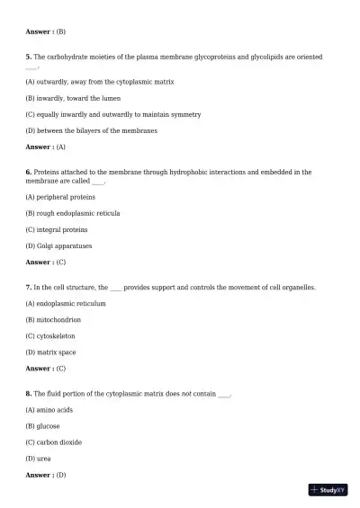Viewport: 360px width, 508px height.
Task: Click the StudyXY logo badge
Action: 328,490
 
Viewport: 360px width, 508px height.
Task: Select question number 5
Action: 29,56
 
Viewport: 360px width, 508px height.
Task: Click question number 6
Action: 29,171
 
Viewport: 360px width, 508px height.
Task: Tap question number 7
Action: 29,287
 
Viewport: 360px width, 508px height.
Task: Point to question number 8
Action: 29,394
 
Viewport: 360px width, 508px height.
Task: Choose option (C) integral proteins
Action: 57,229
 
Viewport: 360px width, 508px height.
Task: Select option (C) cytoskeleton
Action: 57,336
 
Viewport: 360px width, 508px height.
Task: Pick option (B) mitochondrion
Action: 54,319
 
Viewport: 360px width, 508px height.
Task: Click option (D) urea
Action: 44,459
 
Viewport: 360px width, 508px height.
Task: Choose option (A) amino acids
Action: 49,410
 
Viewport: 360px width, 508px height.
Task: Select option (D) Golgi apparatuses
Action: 59,245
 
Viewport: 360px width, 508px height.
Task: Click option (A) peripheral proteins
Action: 61,196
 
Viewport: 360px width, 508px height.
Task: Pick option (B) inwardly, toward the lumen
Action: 73,97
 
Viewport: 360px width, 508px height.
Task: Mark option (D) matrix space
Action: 50,352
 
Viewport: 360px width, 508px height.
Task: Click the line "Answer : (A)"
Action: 46,147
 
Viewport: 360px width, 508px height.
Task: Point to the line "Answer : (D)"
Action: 46,475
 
